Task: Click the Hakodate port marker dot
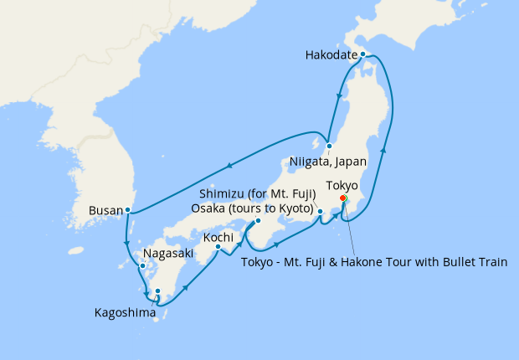pyautogui.click(x=362, y=54)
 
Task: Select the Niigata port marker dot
pyautogui.click(x=330, y=146)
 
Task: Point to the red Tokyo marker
pyautogui.click(x=343, y=198)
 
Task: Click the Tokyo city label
pyautogui.click(x=342, y=184)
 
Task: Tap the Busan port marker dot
pyautogui.click(x=127, y=210)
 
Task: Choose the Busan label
pyautogui.click(x=105, y=211)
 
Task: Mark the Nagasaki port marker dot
pyautogui.click(x=142, y=267)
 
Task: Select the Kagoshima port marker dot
pyautogui.click(x=157, y=291)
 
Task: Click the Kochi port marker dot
pyautogui.click(x=218, y=246)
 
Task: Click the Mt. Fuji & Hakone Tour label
pyautogui.click(x=374, y=262)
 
